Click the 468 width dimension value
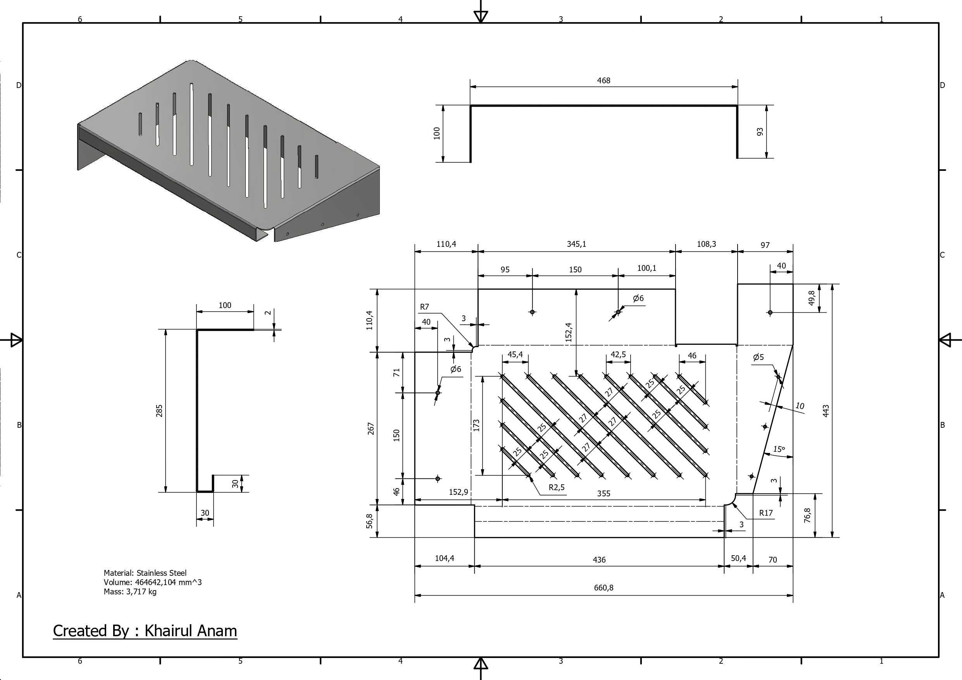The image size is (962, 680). [603, 81]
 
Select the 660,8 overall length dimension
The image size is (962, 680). [603, 588]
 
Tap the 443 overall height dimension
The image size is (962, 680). [826, 411]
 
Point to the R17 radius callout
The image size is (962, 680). [766, 513]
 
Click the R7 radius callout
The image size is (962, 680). [424, 307]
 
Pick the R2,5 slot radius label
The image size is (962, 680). [557, 487]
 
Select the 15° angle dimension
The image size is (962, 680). [779, 449]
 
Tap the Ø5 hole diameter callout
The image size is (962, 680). [759, 357]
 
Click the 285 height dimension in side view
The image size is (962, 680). [159, 411]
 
